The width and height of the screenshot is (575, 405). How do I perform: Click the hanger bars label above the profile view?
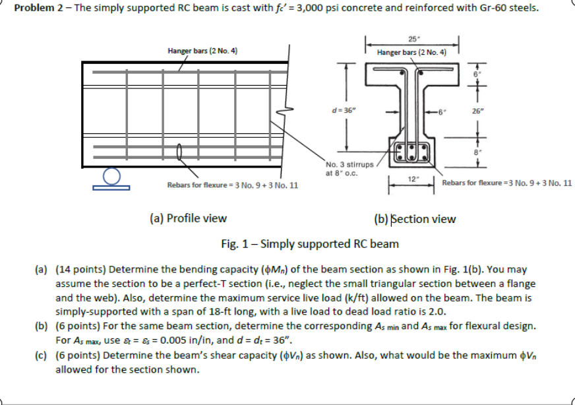[x=202, y=51]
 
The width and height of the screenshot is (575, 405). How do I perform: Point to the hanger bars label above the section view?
[x=411, y=52]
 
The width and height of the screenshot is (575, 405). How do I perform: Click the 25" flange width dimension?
[x=411, y=38]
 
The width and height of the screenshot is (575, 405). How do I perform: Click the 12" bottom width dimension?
[x=412, y=179]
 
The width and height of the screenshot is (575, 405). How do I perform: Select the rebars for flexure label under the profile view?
[x=232, y=185]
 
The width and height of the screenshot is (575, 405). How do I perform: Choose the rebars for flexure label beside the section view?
[x=506, y=183]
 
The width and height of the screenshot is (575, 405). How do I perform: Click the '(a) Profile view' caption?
[x=187, y=218]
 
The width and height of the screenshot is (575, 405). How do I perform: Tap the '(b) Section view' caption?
[x=414, y=218]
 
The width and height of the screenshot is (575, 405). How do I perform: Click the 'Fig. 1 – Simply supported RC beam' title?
[x=309, y=243]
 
